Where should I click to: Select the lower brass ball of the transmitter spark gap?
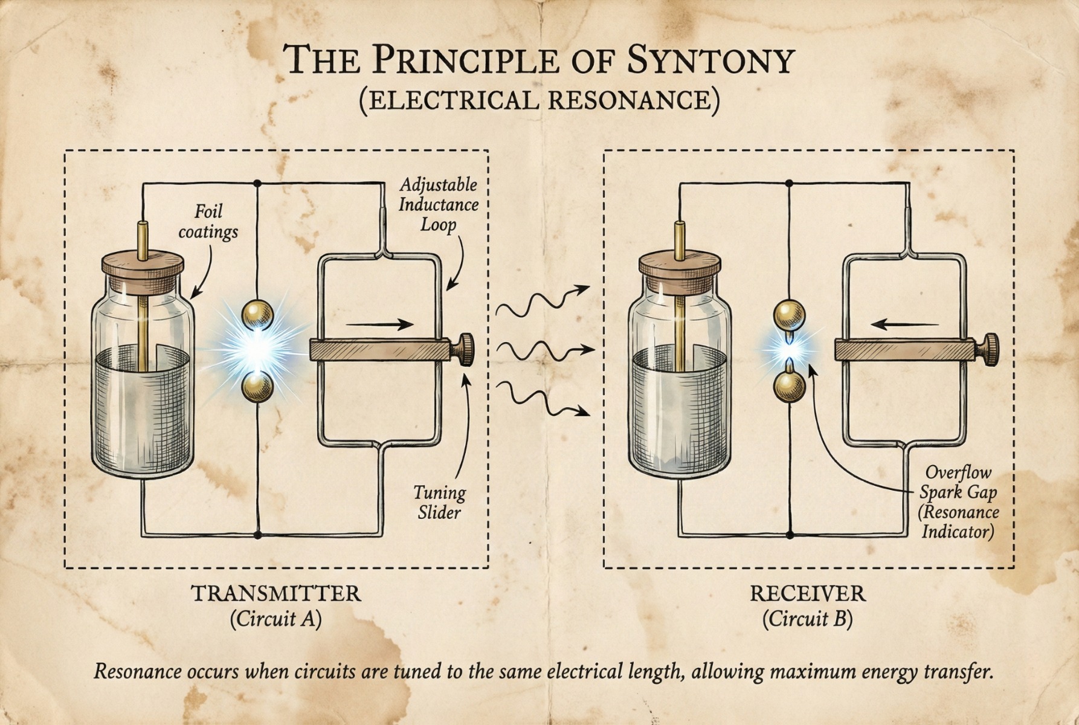[258, 387]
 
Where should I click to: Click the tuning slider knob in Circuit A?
[466, 349]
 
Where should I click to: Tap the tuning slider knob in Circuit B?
[991, 349]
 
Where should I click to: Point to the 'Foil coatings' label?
[208, 222]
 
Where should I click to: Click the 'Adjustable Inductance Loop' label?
[439, 204]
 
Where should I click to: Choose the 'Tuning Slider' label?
[439, 503]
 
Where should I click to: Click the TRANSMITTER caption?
[276, 593]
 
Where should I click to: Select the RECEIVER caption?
[808, 593]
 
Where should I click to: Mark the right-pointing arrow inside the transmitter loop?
[379, 324]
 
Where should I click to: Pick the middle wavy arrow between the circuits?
[544, 349]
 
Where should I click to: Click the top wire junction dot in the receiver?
[790, 182]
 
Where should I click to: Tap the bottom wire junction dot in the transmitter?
[258, 535]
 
